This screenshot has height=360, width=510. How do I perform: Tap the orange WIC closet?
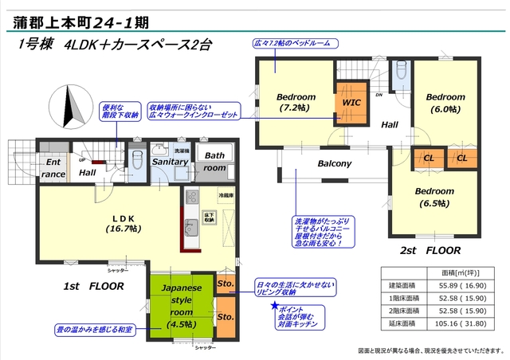pyautogui.click(x=351, y=103)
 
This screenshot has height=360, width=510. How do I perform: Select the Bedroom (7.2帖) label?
pyautogui.click(x=296, y=102)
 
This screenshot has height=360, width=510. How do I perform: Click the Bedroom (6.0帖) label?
pyautogui.click(x=445, y=103)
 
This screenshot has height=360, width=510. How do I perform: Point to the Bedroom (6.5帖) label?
pyautogui.click(x=433, y=198)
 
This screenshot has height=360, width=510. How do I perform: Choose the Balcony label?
pyautogui.click(x=335, y=164)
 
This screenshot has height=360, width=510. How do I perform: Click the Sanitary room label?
pyautogui.click(x=170, y=162)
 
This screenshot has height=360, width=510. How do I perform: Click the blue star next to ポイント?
pyautogui.click(x=276, y=305)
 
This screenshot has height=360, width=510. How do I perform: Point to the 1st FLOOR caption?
pyautogui.click(x=93, y=284)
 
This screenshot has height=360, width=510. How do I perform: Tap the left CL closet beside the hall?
pyautogui.click(x=428, y=158)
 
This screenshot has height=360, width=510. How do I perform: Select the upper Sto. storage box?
pyautogui.click(x=226, y=284)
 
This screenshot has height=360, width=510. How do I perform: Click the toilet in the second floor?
pyautogui.click(x=402, y=74)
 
